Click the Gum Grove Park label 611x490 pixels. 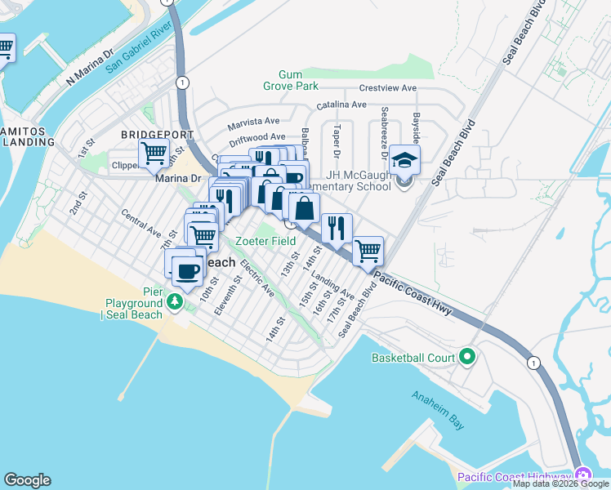[x=290, y=79]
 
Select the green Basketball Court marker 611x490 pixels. [x=467, y=357]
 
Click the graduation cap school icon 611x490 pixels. [x=404, y=160]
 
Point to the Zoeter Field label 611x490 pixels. [x=266, y=241]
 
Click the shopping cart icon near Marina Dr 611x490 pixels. [x=154, y=152]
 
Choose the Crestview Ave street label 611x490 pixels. [x=387, y=88]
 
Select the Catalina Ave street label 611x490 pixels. [x=341, y=105]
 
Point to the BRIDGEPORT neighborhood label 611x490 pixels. [x=157, y=134]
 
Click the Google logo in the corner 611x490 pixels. [x=27, y=480]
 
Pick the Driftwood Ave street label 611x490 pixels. [x=256, y=136]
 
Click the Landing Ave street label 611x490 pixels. [x=337, y=285]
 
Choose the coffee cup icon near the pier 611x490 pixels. [x=187, y=270]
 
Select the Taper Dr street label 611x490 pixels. [x=336, y=142]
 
